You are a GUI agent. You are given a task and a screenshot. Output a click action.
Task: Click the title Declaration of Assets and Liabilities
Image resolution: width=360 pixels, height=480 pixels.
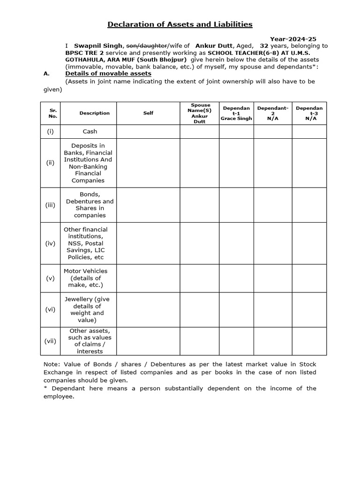180,24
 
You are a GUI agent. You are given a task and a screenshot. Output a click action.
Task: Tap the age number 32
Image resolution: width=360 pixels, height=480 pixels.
264,46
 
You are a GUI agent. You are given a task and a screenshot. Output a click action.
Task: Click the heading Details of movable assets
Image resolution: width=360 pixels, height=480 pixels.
108,74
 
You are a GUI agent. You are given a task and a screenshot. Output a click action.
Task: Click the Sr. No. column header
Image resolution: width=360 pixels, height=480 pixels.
53,113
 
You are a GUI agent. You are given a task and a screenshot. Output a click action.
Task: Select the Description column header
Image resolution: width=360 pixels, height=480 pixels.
94,113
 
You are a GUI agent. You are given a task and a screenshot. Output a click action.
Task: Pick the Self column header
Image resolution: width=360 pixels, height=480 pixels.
148,113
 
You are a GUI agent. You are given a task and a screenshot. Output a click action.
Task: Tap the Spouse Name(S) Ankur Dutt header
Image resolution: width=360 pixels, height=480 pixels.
199,113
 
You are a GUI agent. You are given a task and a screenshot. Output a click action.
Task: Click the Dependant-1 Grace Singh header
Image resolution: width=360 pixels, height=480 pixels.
236,113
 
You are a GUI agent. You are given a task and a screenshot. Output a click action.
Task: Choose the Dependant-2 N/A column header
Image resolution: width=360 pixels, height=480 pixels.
273,113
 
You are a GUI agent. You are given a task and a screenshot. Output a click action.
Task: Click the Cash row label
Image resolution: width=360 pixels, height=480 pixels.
90,132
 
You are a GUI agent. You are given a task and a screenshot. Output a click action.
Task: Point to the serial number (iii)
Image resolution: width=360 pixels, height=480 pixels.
50,205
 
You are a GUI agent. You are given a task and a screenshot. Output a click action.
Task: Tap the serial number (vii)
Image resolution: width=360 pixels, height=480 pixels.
50,341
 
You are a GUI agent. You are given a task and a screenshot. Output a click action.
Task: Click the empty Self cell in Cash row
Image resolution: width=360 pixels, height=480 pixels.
148,132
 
